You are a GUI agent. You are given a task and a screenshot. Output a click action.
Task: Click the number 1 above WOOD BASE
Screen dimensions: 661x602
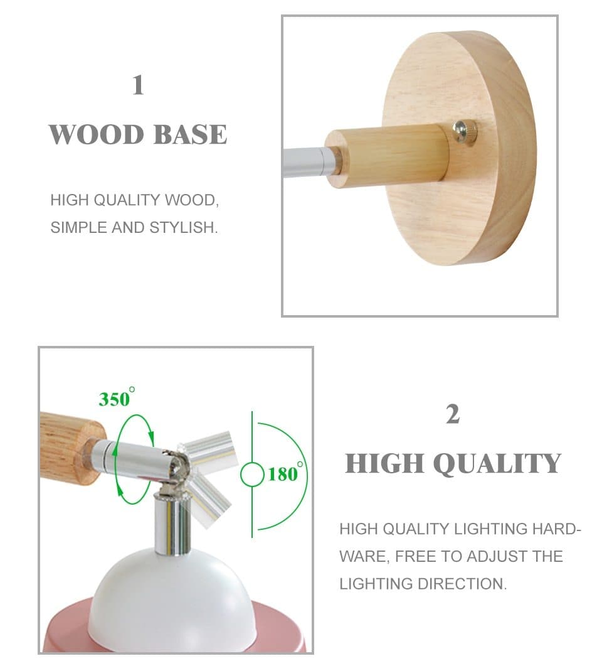coord(138,85)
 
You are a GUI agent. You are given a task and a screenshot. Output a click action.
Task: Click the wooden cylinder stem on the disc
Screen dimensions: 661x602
coord(389,155)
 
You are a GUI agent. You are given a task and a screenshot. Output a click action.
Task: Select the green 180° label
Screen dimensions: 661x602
coord(285,473)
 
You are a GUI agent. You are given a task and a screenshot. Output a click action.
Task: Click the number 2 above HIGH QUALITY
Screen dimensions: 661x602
coord(452,415)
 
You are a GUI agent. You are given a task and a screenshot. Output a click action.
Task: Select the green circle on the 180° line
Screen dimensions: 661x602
coord(252,474)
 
